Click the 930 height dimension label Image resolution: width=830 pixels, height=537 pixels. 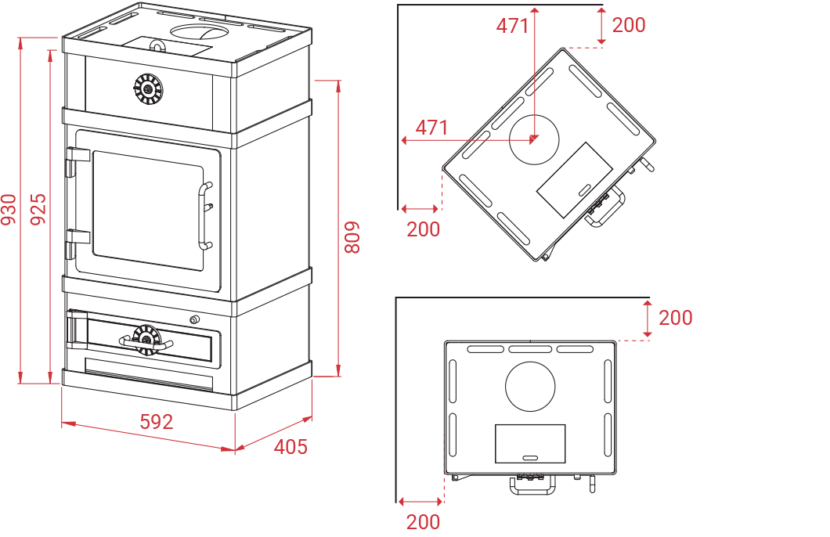click(9, 210)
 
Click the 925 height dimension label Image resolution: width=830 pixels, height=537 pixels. click(38, 210)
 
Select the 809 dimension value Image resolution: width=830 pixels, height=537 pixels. click(352, 237)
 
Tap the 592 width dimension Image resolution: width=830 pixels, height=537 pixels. click(157, 422)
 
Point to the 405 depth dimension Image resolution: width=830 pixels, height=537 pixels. click(290, 447)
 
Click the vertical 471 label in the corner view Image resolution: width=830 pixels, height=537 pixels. click(512, 26)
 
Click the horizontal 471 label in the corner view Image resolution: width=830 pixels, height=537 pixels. click(432, 128)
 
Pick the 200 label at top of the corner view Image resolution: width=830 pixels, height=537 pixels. click(629, 25)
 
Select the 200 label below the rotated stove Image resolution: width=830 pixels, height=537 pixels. click(424, 229)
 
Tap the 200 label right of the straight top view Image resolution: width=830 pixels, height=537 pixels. click(676, 318)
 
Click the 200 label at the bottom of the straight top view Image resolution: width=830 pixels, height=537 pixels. click(424, 521)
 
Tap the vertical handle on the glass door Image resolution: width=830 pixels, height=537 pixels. click(205, 215)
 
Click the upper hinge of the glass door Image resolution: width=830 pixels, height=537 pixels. click(78, 160)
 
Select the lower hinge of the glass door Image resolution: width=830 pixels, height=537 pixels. click(78, 243)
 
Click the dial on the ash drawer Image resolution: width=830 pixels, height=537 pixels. click(146, 340)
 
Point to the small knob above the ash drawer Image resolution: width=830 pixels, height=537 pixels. click(195, 319)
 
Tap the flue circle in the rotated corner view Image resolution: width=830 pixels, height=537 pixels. click(534, 139)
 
